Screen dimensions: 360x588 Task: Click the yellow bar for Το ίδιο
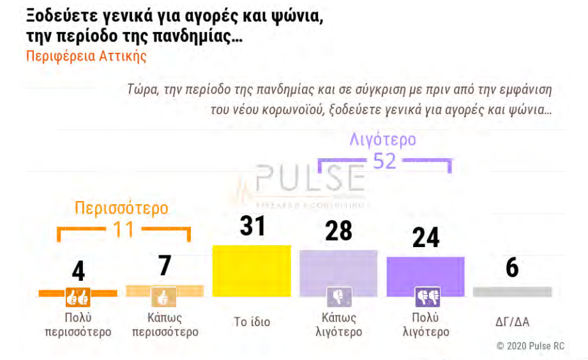pos(252,271)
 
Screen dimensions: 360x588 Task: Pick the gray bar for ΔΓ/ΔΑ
pos(512,292)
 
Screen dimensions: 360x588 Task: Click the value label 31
pos(252,226)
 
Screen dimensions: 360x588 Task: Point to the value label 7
pos(165,266)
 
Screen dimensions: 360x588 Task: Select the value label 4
pos(78,271)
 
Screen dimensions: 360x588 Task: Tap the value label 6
pos(512,268)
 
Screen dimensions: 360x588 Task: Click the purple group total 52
pos(384,161)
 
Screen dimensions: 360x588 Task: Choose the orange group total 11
pos(124,229)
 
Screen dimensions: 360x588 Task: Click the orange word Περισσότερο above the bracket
pos(121,208)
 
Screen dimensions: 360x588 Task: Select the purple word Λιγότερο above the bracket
pos(383,139)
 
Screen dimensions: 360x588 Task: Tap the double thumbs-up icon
pos(78,297)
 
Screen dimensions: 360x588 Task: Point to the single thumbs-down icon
pos(339,297)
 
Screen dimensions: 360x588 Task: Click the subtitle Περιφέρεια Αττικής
pos(86,56)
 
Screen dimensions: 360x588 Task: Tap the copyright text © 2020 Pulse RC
pos(531,346)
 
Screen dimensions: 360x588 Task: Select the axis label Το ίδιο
pos(252,322)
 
